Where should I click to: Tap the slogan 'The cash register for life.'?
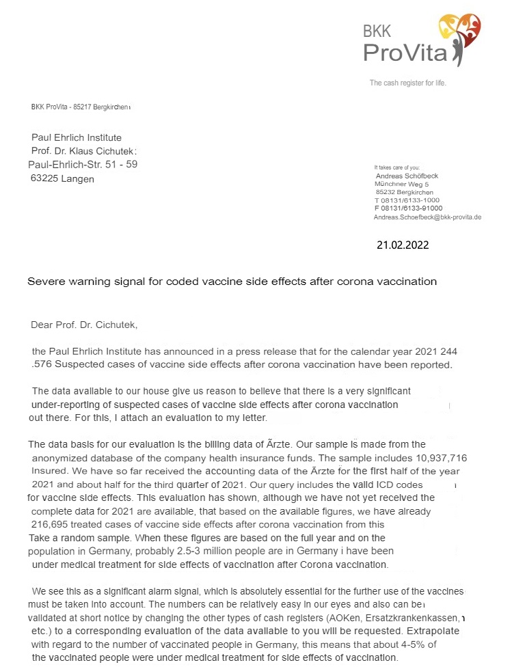407,83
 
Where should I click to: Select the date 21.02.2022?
403,244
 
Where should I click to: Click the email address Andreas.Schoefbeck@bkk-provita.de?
427,217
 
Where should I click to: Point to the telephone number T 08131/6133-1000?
408,200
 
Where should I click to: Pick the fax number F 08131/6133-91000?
410,208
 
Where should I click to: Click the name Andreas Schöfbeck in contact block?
407,176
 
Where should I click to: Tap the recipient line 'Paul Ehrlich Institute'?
77,138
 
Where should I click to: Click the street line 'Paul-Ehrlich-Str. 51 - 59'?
83,165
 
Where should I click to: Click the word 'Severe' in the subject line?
45,281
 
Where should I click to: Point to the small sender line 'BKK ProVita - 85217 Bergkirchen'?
80,107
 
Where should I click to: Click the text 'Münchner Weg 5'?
402,184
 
